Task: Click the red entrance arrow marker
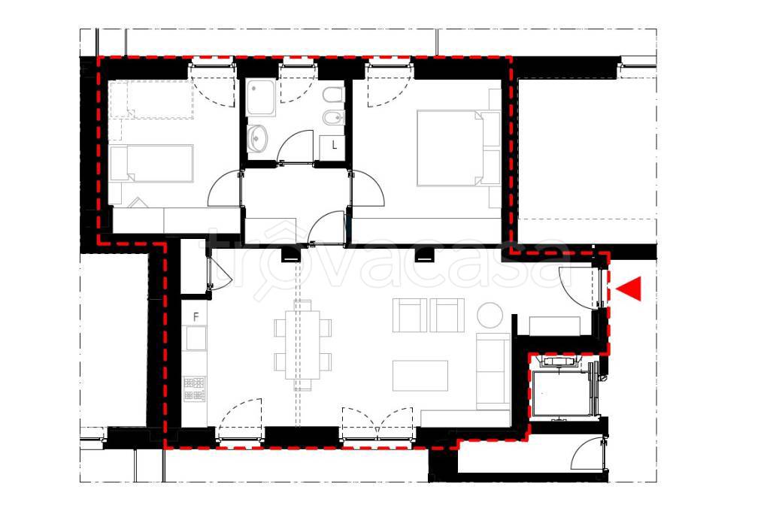[x=631, y=289]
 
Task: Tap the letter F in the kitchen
[x=196, y=317]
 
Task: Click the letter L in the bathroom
[x=335, y=145]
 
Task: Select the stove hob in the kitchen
[x=195, y=389]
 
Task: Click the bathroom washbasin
[x=257, y=138]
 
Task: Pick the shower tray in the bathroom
[x=261, y=98]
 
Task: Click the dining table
[x=302, y=346]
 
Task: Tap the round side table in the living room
[x=490, y=315]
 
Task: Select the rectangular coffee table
[x=420, y=376]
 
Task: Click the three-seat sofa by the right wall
[x=493, y=371]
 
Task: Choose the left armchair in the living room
[x=410, y=316]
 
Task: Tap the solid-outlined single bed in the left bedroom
[x=151, y=164]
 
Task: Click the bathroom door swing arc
[x=295, y=147]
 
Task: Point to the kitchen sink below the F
[x=196, y=338]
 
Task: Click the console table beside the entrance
[x=555, y=326]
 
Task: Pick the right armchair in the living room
[x=447, y=316]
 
